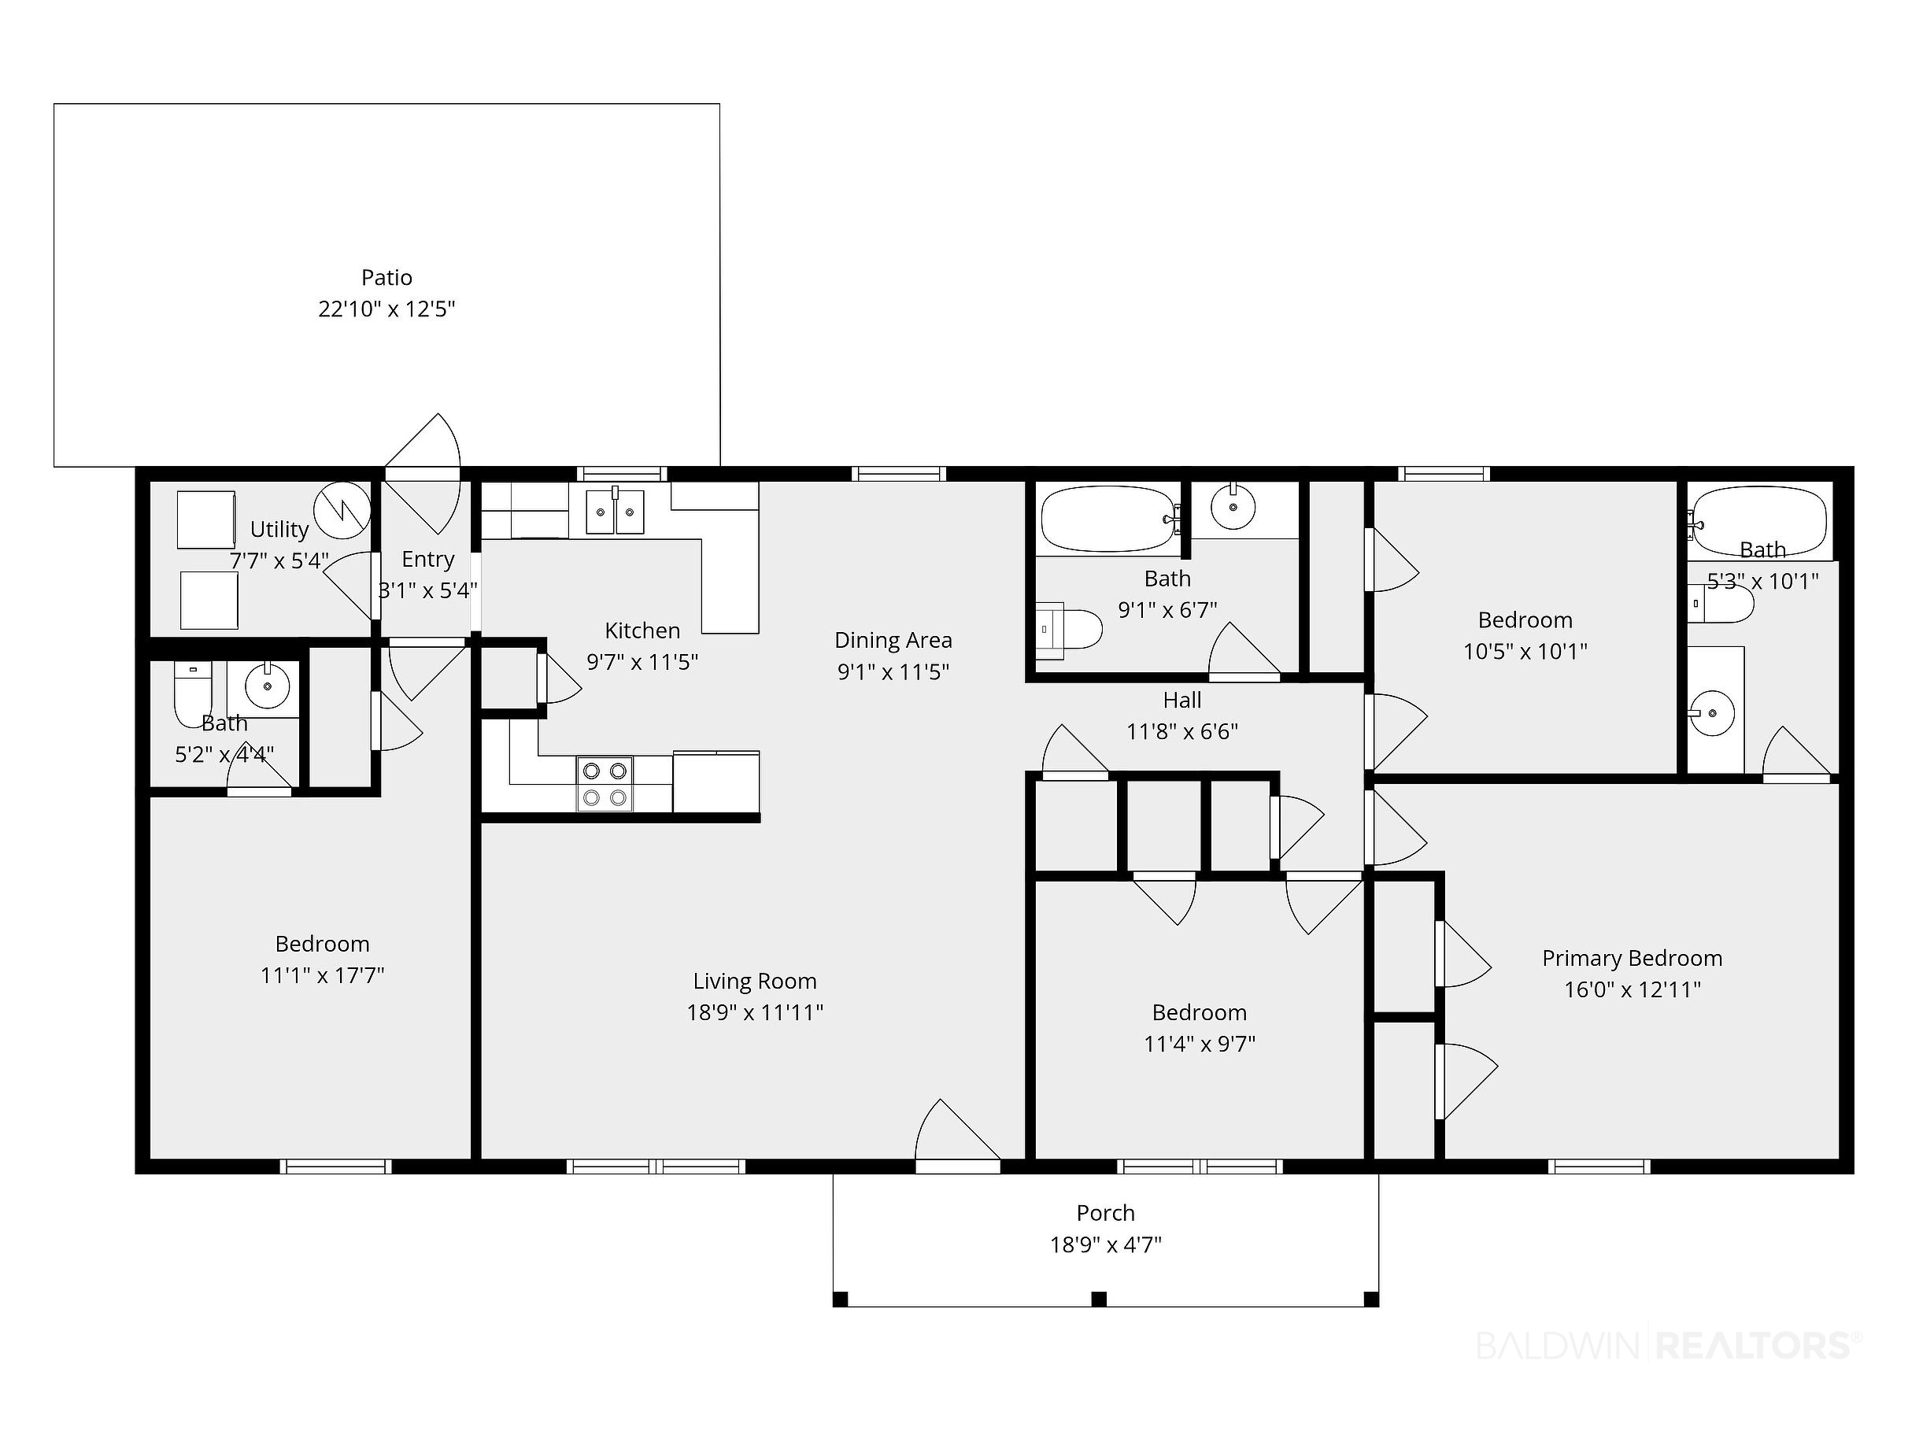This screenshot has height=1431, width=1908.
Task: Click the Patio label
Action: coord(386,278)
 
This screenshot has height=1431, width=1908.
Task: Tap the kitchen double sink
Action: coord(615,512)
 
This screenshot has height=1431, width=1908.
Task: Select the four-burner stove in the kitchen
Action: coord(605,784)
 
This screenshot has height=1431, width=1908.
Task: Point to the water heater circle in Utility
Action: coord(342,510)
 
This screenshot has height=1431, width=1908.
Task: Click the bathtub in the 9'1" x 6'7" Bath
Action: coord(1109,518)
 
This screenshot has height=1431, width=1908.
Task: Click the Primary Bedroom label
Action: coord(1632,958)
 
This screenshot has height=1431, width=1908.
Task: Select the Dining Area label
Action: coord(893,640)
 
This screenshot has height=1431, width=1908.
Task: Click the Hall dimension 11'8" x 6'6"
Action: coord(1181,731)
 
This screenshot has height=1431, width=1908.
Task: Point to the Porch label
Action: coord(1106,1213)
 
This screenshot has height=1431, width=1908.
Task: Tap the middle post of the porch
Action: coord(1099,1298)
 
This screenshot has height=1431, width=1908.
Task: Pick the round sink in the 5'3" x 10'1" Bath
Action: coord(1711,713)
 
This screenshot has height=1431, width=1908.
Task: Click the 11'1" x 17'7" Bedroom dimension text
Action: coord(322,974)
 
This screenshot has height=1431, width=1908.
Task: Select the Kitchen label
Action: coord(642,630)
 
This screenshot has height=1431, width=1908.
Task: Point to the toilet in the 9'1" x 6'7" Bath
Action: coord(1070,630)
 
